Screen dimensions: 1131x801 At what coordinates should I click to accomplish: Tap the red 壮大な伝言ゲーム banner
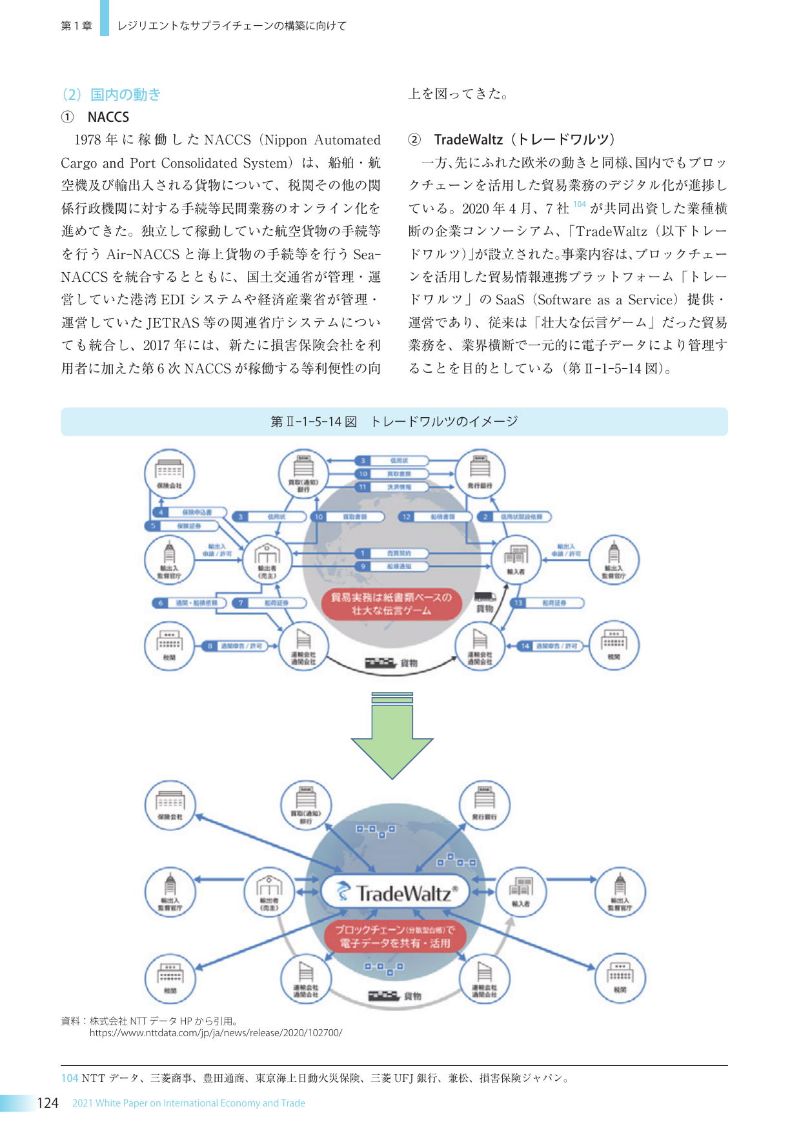391,604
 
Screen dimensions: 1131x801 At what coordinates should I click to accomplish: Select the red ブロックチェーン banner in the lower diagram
394,936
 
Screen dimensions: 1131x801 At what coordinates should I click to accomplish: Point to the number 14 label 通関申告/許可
551,645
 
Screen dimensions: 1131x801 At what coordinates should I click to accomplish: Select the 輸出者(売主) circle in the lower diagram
269,892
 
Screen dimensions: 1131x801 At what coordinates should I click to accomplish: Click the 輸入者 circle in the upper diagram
516,559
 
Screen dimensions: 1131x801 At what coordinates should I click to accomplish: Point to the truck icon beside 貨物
484,597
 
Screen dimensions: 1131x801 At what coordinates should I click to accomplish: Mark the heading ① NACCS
96,117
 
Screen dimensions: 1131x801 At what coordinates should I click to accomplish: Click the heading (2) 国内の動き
111,95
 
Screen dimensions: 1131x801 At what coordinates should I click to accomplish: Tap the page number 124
48,1103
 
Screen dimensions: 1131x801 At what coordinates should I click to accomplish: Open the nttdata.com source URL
216,1033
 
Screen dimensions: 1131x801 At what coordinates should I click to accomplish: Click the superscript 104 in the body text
579,204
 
